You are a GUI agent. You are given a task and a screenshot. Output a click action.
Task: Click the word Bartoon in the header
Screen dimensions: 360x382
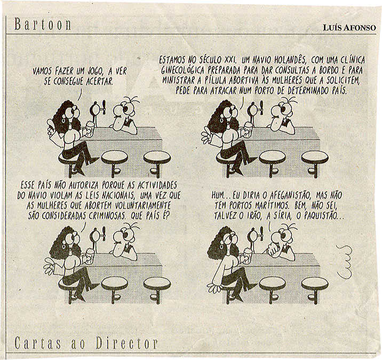43,25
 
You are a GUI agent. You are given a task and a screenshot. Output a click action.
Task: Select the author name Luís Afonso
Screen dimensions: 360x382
349,28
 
